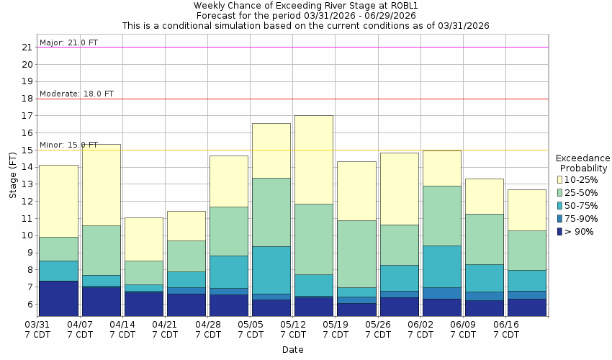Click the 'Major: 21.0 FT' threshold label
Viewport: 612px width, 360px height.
(68, 42)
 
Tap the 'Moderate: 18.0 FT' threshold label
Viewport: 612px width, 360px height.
(76, 94)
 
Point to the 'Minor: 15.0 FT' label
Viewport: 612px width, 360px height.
(68, 145)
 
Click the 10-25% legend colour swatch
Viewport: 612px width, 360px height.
(560, 179)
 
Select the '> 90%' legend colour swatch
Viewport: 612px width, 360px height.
(560, 231)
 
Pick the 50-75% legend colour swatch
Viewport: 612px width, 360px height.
(560, 205)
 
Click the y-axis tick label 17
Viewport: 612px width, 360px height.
(27, 116)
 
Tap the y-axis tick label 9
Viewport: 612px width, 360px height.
(30, 253)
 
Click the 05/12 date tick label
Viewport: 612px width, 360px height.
(292, 324)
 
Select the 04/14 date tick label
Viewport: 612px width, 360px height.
(122, 324)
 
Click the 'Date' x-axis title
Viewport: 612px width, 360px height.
(292, 350)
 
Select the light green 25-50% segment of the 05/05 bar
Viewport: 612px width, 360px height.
(271, 212)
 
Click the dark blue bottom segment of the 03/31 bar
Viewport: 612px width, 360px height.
(58, 298)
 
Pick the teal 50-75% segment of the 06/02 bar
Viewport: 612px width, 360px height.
(441, 266)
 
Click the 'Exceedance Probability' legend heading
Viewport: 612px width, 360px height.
(582, 163)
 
